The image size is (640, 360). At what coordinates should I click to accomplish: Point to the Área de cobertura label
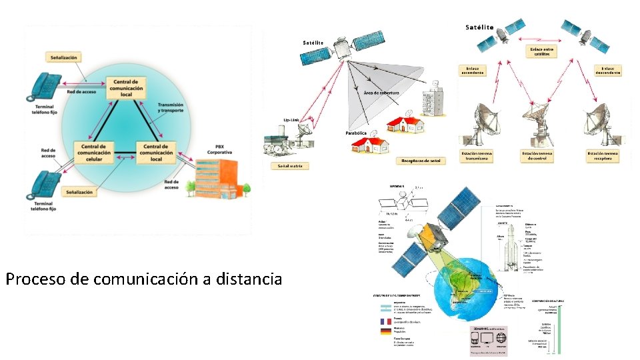coord(381,93)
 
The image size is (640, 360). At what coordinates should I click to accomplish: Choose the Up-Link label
coord(291,120)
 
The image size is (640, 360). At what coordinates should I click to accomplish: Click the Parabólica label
coord(356,133)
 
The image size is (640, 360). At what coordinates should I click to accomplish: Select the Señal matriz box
coord(290,166)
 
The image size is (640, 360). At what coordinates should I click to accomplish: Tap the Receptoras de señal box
coord(421,161)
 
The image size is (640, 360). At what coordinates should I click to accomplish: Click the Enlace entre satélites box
coord(541,51)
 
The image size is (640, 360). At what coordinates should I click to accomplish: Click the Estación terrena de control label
coord(538,156)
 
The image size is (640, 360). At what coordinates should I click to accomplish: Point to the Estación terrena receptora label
coord(603,156)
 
